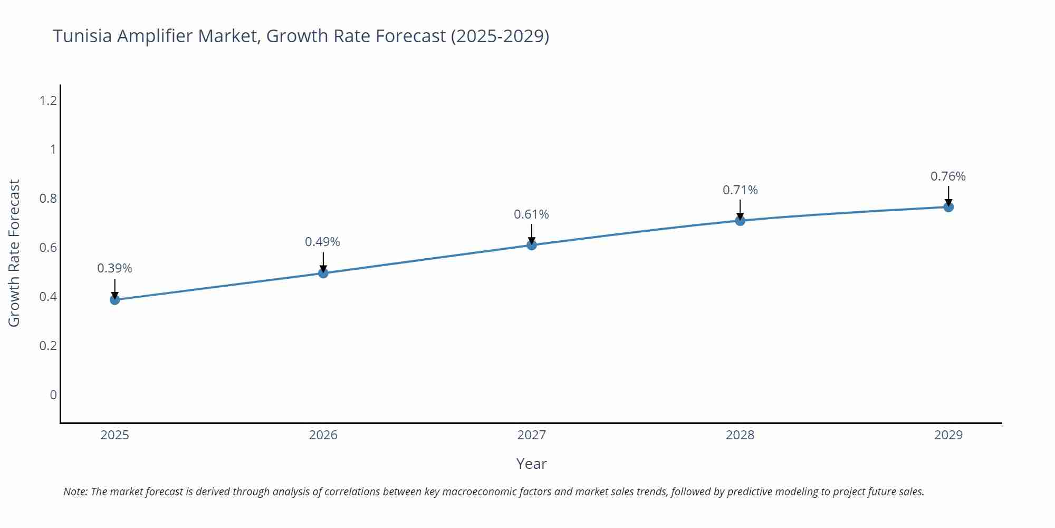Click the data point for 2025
click(x=115, y=300)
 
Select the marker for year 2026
click(x=323, y=273)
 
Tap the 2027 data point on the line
click(x=532, y=245)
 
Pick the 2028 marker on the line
click(x=740, y=221)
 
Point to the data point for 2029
click(x=948, y=207)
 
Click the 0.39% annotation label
click(x=114, y=268)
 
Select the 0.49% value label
click(x=322, y=242)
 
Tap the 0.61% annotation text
click(x=531, y=214)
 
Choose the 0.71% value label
click(x=740, y=190)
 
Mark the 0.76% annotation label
click(x=948, y=176)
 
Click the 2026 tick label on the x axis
click(x=323, y=435)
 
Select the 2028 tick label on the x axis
click(x=740, y=435)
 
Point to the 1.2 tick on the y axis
click(x=48, y=100)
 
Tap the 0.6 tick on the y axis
click(x=48, y=248)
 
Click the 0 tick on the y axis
click(x=53, y=395)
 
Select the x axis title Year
click(x=531, y=464)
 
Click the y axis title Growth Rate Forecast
click(x=14, y=253)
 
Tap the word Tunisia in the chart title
click(x=82, y=36)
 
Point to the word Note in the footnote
click(x=75, y=492)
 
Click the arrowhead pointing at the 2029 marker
click(x=948, y=203)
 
